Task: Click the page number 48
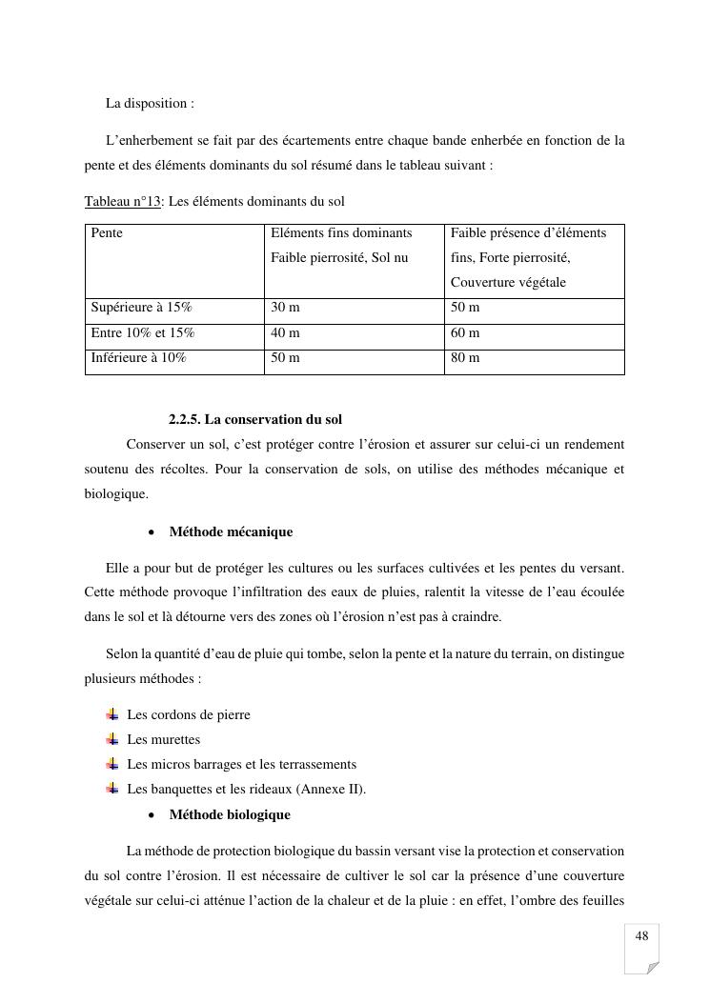coord(641,936)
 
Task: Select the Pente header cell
coord(107,232)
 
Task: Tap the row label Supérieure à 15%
coord(141,308)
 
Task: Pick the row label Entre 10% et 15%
coord(142,332)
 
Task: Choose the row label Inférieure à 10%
coord(138,357)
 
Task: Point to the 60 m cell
coord(465,332)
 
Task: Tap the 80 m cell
coord(465,357)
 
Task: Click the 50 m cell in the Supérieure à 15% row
coord(465,308)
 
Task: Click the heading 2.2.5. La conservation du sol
coord(255,419)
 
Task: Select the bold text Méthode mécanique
coord(231,532)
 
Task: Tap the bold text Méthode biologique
coord(230,814)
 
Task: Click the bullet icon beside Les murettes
coord(112,739)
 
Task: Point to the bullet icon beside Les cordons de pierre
coord(112,714)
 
